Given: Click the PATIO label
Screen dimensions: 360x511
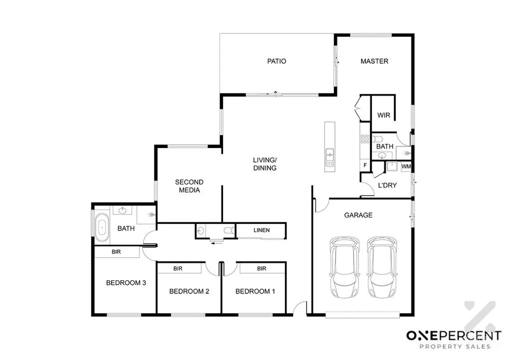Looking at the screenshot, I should [276, 61].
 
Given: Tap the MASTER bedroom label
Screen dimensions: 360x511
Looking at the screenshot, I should [374, 61].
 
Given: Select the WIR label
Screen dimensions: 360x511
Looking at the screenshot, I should [383, 115].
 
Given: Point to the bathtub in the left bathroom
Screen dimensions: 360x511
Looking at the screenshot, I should [102, 225].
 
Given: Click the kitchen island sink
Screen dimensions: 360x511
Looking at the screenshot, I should [329, 155].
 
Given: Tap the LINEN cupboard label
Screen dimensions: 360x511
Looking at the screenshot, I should [261, 230].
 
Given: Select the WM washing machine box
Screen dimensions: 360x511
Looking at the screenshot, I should [406, 166].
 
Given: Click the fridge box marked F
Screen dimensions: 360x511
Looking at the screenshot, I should [365, 165].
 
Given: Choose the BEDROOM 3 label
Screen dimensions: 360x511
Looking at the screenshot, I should [126, 283].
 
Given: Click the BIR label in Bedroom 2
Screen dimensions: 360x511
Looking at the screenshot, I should [178, 269].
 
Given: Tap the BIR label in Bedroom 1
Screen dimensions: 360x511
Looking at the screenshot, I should [261, 269].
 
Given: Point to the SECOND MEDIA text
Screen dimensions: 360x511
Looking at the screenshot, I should [189, 186].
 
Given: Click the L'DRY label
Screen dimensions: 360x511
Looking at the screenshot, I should [387, 185].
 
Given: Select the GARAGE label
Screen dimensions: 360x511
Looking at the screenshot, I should [358, 215].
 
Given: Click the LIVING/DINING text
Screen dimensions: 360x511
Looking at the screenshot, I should [264, 164].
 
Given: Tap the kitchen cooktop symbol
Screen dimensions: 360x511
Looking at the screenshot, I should [365, 139].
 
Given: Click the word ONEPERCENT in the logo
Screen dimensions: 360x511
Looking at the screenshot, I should [453, 336].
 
